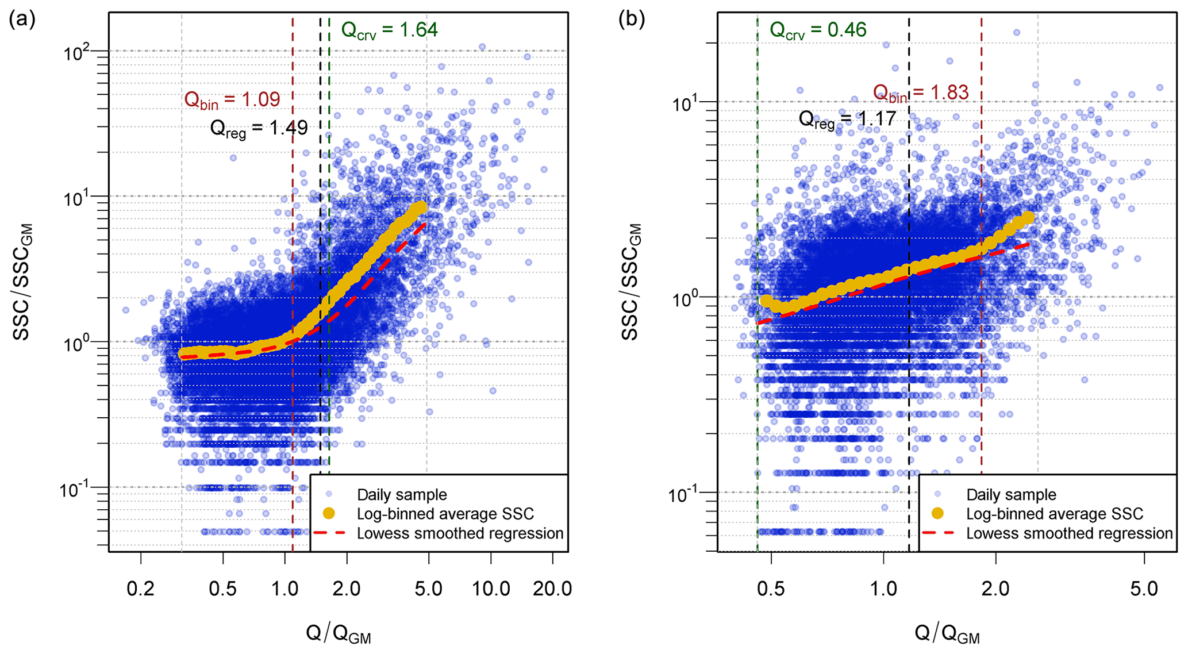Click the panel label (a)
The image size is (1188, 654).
(x=22, y=20)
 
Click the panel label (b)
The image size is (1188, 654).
(x=632, y=20)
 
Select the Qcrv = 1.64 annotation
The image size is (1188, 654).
(x=389, y=30)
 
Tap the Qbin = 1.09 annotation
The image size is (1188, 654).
(x=232, y=99)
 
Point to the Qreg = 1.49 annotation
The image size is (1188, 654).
(x=259, y=128)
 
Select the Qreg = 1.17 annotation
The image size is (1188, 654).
(x=847, y=120)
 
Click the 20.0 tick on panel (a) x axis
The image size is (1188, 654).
(x=552, y=588)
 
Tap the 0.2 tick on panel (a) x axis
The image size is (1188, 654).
(x=141, y=588)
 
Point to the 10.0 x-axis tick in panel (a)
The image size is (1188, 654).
(x=491, y=588)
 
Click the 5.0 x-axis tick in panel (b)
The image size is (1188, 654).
(x=1144, y=588)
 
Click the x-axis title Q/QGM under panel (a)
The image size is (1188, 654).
(x=338, y=634)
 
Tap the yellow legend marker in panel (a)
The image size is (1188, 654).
(x=329, y=513)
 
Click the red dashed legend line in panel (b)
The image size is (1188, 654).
(x=937, y=533)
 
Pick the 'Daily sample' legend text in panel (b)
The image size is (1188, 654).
(x=1011, y=494)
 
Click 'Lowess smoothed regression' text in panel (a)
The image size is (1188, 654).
(x=460, y=533)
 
